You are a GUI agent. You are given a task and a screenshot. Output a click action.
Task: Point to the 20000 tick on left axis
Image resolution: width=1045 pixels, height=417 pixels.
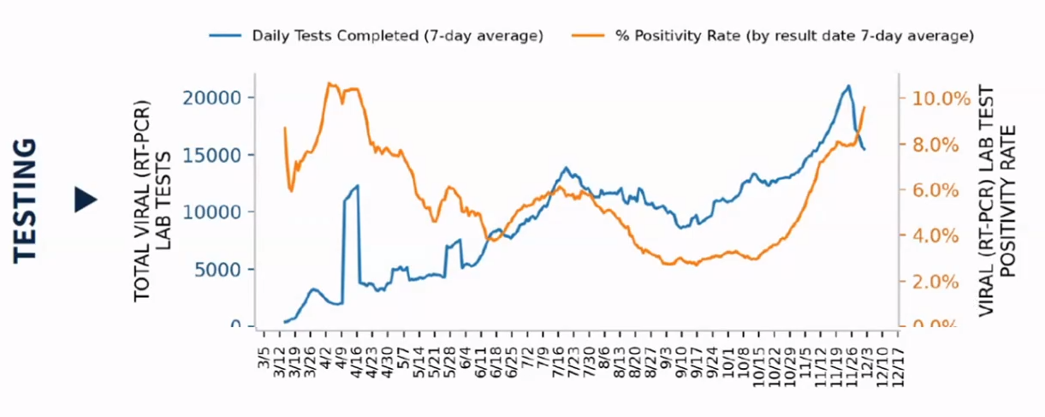click(x=213, y=98)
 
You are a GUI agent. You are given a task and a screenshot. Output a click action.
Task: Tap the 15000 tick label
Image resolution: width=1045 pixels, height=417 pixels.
click(x=213, y=155)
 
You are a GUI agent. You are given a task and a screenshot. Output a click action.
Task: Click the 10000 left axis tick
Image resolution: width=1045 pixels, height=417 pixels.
click(x=213, y=211)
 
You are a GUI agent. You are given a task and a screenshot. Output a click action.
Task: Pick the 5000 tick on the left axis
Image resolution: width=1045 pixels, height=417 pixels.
click(x=218, y=269)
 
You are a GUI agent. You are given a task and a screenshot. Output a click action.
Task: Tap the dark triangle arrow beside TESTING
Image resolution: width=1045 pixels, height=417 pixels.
click(x=86, y=200)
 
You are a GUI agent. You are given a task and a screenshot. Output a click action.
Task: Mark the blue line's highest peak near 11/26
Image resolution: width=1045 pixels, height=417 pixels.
click(x=847, y=86)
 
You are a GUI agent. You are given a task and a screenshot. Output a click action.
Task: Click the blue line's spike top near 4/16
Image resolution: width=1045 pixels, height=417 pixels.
click(x=358, y=185)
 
